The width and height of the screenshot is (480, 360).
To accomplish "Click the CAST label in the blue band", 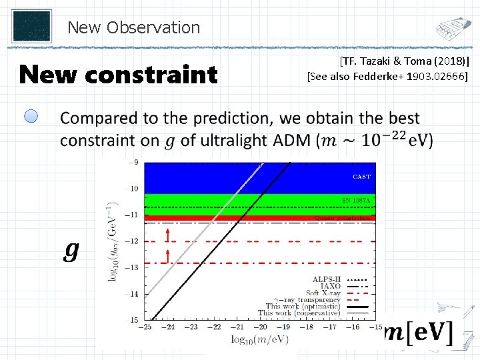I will pos(361,177).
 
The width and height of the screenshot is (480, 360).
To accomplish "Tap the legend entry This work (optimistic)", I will pos(299,306).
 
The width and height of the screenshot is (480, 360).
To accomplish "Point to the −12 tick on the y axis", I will pos(133,241).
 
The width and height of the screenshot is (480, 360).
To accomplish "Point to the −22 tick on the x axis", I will pos(215,327).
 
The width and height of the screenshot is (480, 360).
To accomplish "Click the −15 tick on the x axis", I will pos(371,327).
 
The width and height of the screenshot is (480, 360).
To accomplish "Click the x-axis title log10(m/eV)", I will pos(260,339).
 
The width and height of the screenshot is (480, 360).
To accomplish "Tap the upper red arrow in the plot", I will pos(167,233).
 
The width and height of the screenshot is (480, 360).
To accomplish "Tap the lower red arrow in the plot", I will pos(167,254).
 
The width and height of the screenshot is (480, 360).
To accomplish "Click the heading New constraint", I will pos(118,75).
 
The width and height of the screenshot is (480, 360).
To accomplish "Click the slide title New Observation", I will pos(133,27).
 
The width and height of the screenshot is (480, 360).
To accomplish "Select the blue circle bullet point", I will pos(32,117).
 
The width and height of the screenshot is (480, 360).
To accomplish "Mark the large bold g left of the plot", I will pos(71,250).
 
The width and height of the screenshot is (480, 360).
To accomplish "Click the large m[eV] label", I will pos(417,333).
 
